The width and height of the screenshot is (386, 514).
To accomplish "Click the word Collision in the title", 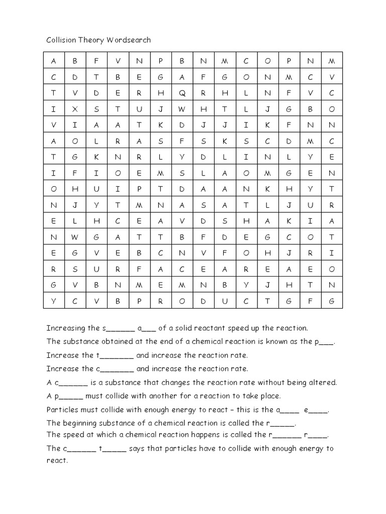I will coord(62,40).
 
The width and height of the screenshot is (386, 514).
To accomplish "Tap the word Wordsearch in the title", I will coord(129,40).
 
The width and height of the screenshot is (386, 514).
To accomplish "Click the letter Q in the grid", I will coord(182,93).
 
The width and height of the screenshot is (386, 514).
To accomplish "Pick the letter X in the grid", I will coord(75,109).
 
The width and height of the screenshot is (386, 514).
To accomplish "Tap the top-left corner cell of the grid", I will coord(53,61).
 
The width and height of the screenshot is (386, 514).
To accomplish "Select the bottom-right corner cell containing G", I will coord(331,301).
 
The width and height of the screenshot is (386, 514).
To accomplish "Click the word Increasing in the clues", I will coord(66,328).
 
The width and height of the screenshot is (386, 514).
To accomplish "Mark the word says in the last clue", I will coord(137,448).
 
